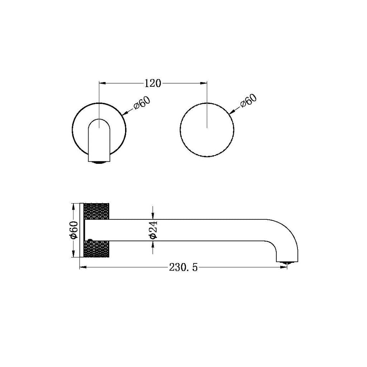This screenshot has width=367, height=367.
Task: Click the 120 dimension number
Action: (152, 84)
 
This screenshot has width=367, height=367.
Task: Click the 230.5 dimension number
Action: (183, 267)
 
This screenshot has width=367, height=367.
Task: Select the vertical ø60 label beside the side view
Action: (74, 230)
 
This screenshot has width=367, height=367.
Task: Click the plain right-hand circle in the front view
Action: (207, 129)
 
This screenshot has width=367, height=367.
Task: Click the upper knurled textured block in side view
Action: (97, 211)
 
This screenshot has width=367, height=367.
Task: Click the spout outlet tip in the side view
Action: (287, 262)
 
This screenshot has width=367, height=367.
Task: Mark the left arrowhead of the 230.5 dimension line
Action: (82, 267)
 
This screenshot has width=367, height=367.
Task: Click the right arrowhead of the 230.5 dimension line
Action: (285, 267)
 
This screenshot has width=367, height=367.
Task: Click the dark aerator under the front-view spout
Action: (99, 162)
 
